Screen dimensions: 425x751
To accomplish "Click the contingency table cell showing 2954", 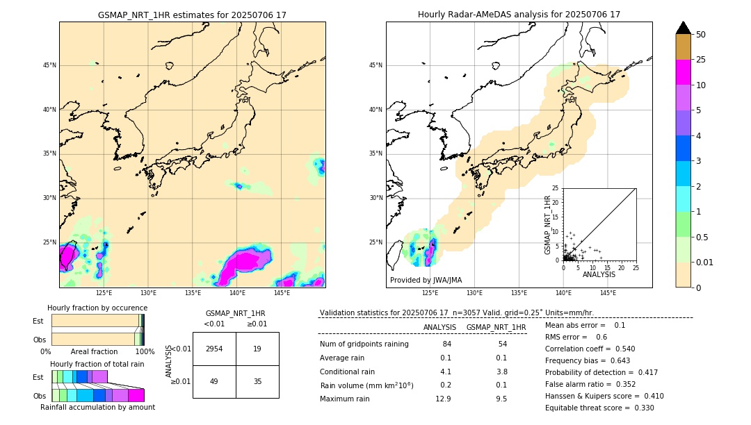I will point(214,349).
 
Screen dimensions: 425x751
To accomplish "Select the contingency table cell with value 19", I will point(257,349).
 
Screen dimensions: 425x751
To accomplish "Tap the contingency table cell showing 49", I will point(214,381).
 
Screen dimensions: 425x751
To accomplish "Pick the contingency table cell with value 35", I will point(257,381).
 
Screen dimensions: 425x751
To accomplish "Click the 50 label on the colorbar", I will point(701,35).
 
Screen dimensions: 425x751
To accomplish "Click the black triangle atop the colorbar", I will point(684,28).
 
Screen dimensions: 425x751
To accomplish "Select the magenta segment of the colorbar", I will point(684,72).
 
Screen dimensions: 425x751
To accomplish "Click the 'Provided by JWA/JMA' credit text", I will point(426,281).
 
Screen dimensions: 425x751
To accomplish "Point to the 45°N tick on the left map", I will point(49,65).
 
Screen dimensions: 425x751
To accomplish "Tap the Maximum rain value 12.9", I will point(443,399).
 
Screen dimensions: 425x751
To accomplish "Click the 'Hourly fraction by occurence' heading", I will point(97,308).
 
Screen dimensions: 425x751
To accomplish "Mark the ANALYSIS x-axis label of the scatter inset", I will point(599,275).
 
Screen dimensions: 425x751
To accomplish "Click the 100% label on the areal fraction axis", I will point(145,352).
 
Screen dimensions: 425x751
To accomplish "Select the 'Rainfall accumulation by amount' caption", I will point(97,407).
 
